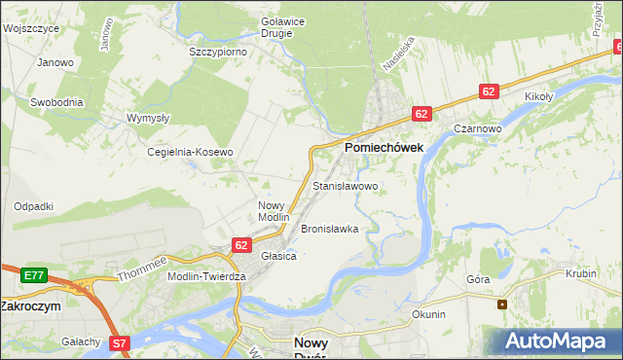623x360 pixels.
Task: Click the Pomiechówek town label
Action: (x=384, y=147)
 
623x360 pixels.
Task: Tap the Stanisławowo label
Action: (x=346, y=185)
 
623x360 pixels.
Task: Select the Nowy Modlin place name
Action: (x=274, y=211)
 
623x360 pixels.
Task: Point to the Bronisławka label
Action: (x=330, y=230)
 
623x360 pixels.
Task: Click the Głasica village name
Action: (x=278, y=256)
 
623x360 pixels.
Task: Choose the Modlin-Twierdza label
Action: (x=207, y=276)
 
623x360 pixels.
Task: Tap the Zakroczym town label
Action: (x=30, y=306)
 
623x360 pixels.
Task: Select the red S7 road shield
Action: (x=119, y=342)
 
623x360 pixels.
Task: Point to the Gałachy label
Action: (x=81, y=342)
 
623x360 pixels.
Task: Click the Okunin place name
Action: (x=428, y=314)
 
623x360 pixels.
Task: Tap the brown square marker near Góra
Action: (x=502, y=304)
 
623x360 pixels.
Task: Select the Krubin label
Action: (x=580, y=274)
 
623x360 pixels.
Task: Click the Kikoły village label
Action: (x=538, y=97)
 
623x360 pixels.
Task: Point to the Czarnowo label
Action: (x=477, y=128)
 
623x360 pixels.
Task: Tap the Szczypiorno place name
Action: (x=218, y=52)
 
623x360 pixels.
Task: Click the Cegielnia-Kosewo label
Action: (x=190, y=153)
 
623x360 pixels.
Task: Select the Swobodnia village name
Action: (x=56, y=102)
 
